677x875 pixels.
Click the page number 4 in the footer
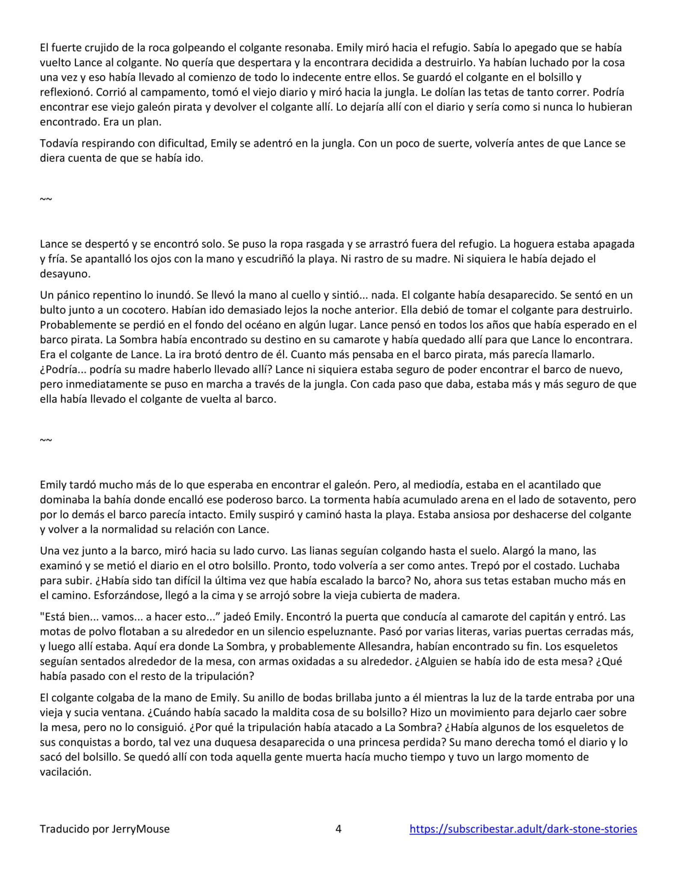338,829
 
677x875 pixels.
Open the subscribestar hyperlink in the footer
523,829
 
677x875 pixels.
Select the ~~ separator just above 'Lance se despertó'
46,199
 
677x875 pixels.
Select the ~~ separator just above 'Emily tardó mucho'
46,440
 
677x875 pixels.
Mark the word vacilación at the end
66,772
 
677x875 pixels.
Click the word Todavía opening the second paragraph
59,143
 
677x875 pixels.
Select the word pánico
71,295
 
